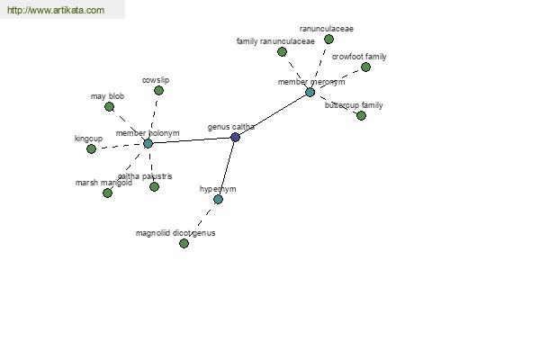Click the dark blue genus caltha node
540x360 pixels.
pyautogui.click(x=235, y=137)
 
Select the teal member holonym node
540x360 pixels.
pyautogui.click(x=148, y=144)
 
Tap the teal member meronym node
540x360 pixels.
pyautogui.click(x=310, y=93)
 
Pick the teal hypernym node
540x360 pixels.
pyautogui.click(x=218, y=199)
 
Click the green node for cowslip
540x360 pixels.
pyautogui.click(x=158, y=91)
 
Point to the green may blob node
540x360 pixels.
pyautogui.click(x=109, y=107)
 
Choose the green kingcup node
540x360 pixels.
pyautogui.click(x=91, y=148)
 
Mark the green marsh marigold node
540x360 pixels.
pyautogui.click(x=107, y=193)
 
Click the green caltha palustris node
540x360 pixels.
pyautogui.click(x=154, y=186)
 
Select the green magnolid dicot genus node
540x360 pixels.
pyautogui.click(x=184, y=244)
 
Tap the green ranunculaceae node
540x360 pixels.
pyautogui.click(x=328, y=40)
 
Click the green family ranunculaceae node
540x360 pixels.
pyautogui.click(x=282, y=52)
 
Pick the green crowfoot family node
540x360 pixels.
pyautogui.click(x=365, y=67)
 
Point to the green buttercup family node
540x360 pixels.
pyautogui.click(x=361, y=115)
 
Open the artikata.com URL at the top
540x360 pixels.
pyautogui.click(x=56, y=10)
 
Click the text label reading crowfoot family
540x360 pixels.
pyautogui.click(x=359, y=57)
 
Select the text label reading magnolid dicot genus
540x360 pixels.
pyautogui.click(x=175, y=233)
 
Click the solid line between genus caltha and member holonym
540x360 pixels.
pyautogui.click(x=192, y=140)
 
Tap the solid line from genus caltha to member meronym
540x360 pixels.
pyautogui.click(x=273, y=114)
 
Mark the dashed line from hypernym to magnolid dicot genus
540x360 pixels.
pyautogui.click(x=201, y=221)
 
